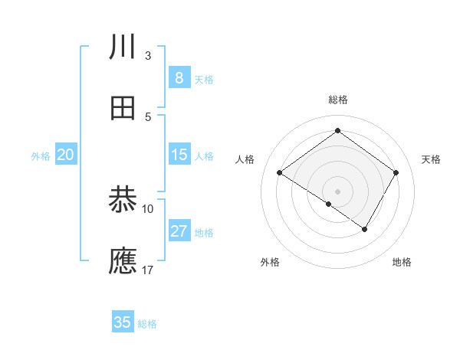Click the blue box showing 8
click(179, 77)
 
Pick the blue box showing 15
click(179, 155)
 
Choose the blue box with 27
click(179, 231)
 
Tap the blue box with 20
click(65, 155)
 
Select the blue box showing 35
click(123, 322)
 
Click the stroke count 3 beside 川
click(148, 56)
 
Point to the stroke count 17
click(148, 270)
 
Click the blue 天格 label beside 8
click(204, 79)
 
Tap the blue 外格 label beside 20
click(41, 155)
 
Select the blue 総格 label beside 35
click(147, 324)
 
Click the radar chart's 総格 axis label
click(337, 100)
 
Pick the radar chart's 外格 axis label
click(269, 263)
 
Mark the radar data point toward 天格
click(396, 172)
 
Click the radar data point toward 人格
click(280, 172)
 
